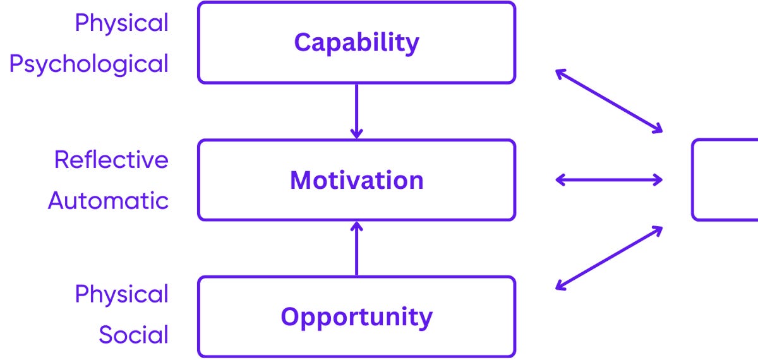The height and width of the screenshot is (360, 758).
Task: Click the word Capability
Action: [x=356, y=43]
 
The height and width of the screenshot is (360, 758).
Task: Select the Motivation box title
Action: [x=356, y=181]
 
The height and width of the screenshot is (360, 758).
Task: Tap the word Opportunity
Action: [x=356, y=316]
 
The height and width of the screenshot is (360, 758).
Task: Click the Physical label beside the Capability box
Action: [x=122, y=23]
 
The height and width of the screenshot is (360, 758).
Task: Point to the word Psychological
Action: [x=89, y=64]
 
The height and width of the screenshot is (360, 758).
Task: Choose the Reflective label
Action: [x=111, y=160]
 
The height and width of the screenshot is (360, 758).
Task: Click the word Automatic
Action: [x=109, y=201]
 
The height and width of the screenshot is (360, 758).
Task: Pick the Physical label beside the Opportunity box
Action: [x=122, y=294]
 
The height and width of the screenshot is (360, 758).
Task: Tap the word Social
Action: [x=134, y=335]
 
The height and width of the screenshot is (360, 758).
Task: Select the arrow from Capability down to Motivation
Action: [x=357, y=111]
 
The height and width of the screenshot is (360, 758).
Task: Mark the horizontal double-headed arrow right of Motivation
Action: [x=609, y=180]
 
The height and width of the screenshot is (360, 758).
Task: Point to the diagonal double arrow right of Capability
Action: [x=609, y=101]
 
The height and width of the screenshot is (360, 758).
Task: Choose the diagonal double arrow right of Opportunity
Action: [x=609, y=258]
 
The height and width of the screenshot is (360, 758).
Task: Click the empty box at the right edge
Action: [x=726, y=180]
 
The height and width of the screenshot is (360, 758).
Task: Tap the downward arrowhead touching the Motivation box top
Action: [x=357, y=133]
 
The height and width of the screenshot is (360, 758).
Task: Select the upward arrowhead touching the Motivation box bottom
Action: [x=357, y=227]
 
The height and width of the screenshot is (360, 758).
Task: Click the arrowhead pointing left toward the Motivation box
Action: [x=560, y=180]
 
